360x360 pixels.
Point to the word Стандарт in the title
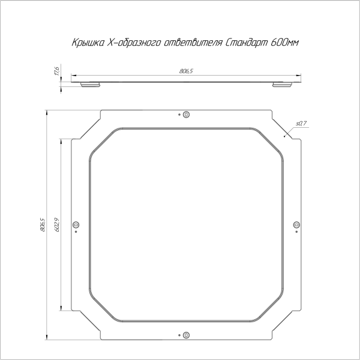point(245,43)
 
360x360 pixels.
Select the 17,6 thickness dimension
point(56,71)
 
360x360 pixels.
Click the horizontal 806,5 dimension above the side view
point(186,71)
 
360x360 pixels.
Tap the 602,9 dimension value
point(56,224)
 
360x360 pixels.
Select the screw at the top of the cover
point(186,115)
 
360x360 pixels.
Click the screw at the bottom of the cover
point(186,335)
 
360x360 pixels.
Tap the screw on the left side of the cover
point(76,224)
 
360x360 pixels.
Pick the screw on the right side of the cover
point(296,224)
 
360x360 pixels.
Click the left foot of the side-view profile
point(91,85)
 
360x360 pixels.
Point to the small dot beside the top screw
point(179,114)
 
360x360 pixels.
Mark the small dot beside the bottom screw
point(179,334)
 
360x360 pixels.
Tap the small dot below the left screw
point(76,232)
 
